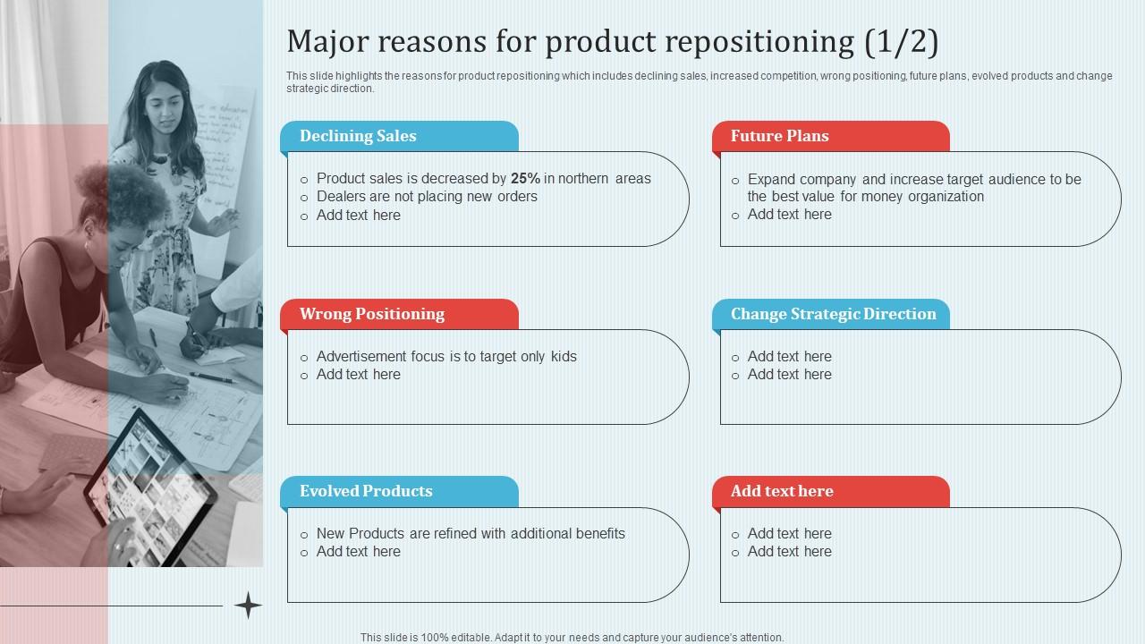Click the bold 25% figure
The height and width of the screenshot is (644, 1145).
click(x=525, y=179)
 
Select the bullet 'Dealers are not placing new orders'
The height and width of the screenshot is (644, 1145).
click(x=427, y=197)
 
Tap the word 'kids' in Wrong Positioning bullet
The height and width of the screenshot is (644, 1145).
click(x=564, y=357)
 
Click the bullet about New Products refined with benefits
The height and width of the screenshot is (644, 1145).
click(x=471, y=534)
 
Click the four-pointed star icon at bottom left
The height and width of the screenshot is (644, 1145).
click(x=248, y=606)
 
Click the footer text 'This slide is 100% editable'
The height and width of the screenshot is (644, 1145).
click(x=572, y=638)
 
